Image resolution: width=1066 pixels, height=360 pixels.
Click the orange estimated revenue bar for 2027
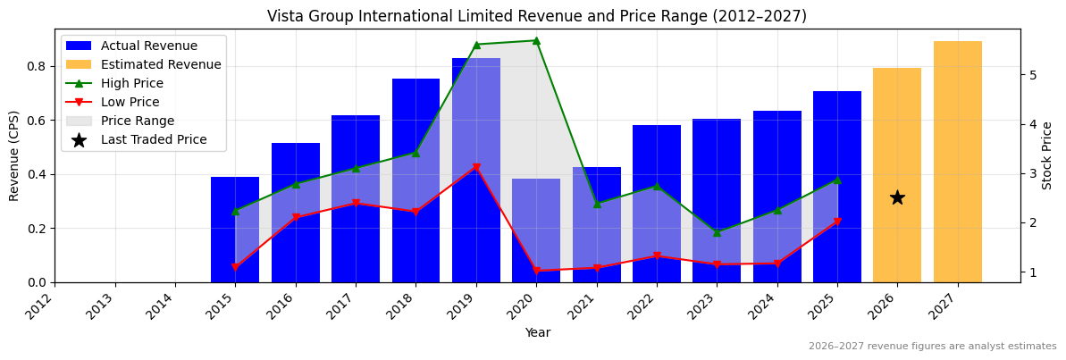957,162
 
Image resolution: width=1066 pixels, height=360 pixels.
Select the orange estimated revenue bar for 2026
897,175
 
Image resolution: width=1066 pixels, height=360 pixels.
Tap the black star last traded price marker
897,197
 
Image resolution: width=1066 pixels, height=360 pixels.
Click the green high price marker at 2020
536,40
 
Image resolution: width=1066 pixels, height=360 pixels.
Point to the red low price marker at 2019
476,167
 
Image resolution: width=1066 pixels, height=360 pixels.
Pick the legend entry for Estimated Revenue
161,64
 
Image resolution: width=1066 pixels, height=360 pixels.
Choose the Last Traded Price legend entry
154,139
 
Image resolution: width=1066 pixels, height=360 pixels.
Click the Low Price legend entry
130,102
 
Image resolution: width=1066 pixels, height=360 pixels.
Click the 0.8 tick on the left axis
37,66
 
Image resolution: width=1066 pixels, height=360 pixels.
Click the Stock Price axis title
1047,155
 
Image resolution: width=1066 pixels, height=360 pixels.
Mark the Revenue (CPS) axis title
14,155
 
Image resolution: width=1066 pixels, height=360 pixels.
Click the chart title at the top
536,16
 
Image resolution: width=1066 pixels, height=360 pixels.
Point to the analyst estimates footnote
932,347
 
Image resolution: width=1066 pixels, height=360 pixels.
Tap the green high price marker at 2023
717,232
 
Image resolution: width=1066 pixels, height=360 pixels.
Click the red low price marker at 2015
235,267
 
